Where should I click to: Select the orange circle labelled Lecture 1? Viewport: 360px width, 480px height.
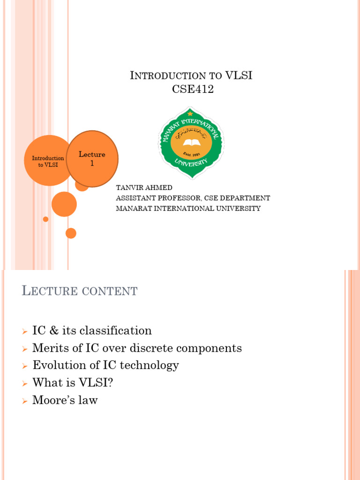coord(92,158)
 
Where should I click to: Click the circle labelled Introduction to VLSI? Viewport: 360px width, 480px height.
coord(47,161)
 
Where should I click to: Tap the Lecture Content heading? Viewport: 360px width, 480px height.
coord(80,291)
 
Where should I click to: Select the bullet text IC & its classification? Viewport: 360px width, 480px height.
coord(92,330)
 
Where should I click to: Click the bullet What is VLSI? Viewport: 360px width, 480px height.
coord(73,382)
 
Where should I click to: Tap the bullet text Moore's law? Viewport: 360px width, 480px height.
coord(65,400)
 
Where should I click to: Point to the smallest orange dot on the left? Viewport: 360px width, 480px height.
coord(45,219)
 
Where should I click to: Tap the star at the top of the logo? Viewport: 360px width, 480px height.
coord(190,113)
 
